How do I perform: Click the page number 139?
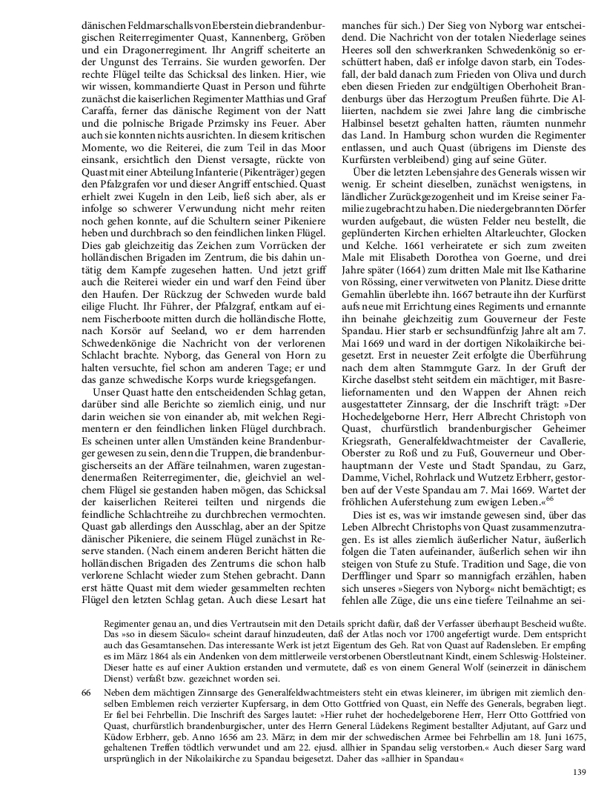[580, 773]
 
